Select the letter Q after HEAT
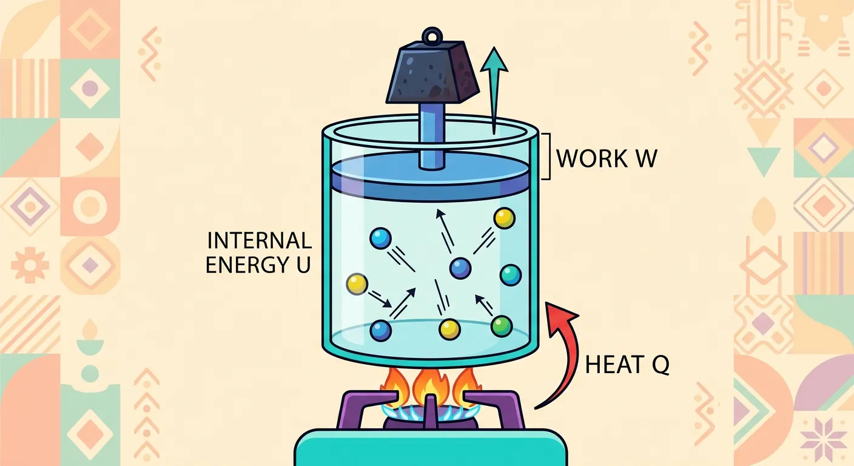pyautogui.click(x=661, y=366)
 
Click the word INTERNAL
pyautogui.click(x=259, y=241)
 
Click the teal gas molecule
pyautogui.click(x=511, y=274)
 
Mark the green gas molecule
pyautogui.click(x=501, y=326)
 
